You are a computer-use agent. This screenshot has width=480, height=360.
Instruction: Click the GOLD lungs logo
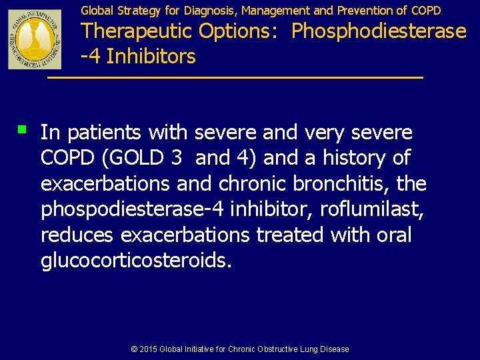[x=35, y=39]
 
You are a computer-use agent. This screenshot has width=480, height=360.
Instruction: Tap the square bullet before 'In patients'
[x=23, y=127]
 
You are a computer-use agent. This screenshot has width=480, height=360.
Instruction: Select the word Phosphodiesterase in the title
[x=379, y=31]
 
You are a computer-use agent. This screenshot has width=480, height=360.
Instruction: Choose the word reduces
[x=77, y=235]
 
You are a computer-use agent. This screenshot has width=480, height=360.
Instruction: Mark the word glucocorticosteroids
[x=136, y=261]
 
